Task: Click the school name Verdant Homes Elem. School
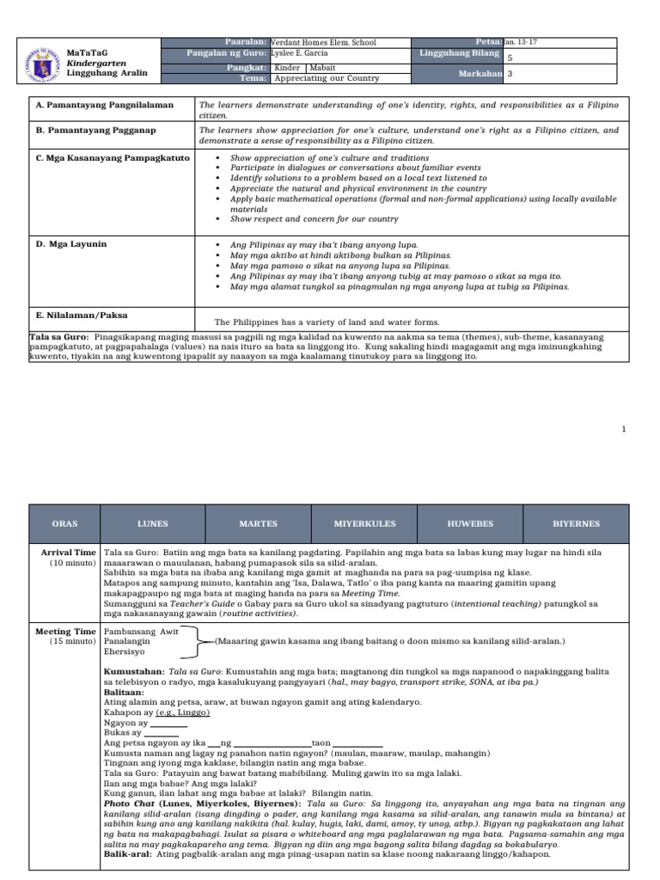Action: point(324,42)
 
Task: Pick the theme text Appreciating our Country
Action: point(326,78)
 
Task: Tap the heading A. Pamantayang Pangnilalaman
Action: point(105,105)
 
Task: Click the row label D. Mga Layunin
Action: point(71,244)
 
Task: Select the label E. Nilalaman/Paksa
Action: point(82,315)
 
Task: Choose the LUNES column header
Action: point(153,523)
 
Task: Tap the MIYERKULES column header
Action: point(364,523)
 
